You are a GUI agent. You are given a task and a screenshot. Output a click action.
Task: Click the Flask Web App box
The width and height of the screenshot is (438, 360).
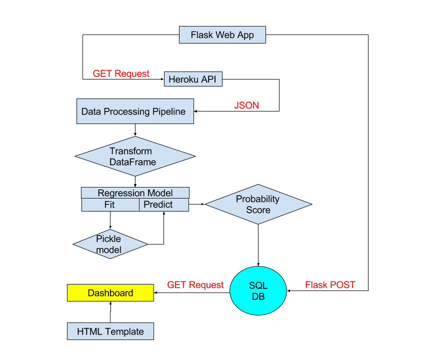(222, 35)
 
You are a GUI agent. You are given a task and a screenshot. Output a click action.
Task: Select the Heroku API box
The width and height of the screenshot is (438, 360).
(193, 79)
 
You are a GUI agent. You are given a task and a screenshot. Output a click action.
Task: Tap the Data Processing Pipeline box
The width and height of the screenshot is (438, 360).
(135, 111)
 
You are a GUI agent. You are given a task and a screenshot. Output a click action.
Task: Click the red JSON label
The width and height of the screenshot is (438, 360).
(246, 105)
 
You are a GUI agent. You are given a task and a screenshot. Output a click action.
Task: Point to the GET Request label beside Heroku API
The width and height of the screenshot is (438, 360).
(121, 73)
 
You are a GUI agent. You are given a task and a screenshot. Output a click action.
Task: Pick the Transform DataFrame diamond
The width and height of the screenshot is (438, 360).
(134, 156)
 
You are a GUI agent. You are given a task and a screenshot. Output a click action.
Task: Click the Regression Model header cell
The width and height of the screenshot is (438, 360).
(135, 193)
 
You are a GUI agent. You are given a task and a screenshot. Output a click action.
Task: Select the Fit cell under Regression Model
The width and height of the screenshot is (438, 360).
(110, 204)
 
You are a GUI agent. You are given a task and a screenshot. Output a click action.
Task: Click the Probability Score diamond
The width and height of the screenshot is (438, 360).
(258, 204)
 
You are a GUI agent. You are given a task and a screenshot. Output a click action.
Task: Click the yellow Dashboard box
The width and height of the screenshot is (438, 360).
(110, 293)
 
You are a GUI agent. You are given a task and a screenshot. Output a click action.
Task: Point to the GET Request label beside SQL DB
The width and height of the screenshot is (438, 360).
(195, 285)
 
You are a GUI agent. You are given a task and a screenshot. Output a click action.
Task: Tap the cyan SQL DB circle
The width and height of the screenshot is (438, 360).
(258, 290)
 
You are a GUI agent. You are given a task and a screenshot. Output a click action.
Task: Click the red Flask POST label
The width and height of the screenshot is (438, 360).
(330, 285)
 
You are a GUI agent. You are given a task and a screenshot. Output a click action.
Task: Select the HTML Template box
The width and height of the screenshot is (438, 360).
(110, 331)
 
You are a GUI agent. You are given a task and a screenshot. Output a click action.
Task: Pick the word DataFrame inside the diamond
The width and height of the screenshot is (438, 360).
(132, 162)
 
